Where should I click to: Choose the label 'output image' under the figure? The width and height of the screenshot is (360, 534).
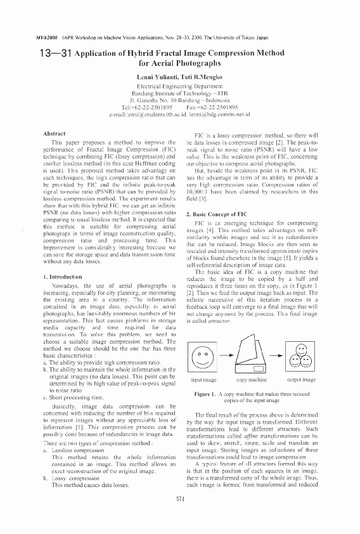301,379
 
